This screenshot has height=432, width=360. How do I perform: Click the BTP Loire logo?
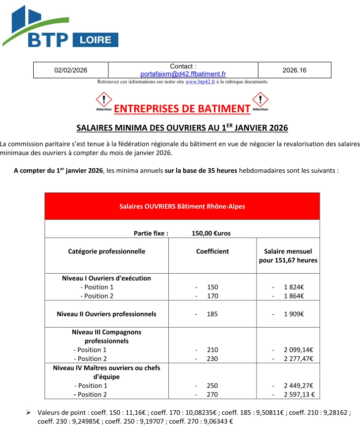tap(60, 26)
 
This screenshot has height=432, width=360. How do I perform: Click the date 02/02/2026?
tap(70, 70)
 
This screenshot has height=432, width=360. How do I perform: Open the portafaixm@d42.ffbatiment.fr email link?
tap(183, 74)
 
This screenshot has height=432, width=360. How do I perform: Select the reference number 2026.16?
tap(294, 70)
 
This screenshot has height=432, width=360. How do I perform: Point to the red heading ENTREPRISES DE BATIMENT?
tap(182, 109)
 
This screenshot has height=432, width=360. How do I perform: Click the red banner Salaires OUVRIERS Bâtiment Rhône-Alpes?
tap(182, 206)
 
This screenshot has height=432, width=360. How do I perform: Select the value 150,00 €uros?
tap(211, 233)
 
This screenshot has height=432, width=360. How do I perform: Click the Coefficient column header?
tap(212, 251)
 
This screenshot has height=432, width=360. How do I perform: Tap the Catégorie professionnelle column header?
tap(106, 251)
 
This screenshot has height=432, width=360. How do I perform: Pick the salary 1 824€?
tap(294, 287)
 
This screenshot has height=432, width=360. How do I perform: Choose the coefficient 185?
tap(212, 314)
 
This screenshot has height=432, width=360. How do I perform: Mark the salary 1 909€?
tap(294, 314)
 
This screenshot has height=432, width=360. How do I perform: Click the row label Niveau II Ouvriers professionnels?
tap(106, 314)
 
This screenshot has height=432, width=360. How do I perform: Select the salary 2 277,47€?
tap(298, 359)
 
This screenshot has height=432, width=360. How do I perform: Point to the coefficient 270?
tap(212, 394)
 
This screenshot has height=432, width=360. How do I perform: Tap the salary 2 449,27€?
tap(298, 385)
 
